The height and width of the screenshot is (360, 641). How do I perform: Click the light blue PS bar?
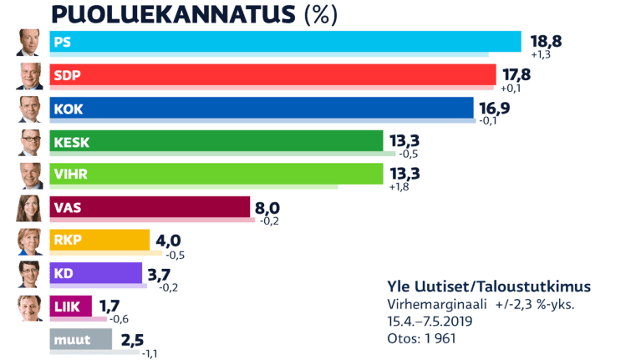tap(284, 42)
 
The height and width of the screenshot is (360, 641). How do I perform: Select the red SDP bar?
tap(272, 74)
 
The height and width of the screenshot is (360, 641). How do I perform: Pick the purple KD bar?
tap(96, 272)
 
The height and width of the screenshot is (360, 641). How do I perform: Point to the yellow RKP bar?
tap(99, 240)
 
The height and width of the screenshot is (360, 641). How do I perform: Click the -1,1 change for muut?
tap(151, 353)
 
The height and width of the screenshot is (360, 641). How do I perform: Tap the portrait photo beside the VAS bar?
tap(29, 207)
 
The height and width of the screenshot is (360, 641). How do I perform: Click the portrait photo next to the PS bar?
tap(29, 43)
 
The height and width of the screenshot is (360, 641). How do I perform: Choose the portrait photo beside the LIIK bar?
tap(29, 307)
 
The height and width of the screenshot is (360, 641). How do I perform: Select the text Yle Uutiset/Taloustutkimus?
tap(489, 286)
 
